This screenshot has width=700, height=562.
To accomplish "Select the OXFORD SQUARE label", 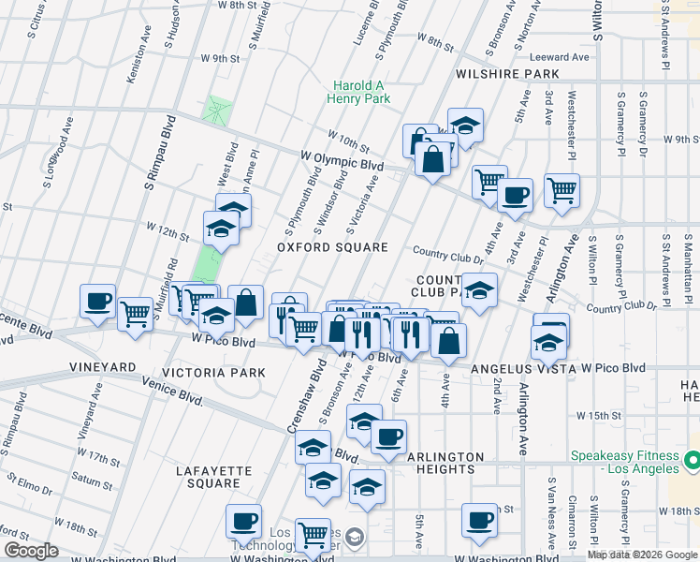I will [332, 247].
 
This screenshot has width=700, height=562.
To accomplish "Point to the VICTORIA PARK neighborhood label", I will [214, 373].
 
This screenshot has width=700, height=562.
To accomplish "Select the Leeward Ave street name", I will [561, 57].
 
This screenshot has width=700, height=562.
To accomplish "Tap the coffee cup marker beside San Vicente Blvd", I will [97, 302].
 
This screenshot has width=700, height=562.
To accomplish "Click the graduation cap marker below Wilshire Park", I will [464, 126].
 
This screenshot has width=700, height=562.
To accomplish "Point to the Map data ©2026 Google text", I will [641, 555].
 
